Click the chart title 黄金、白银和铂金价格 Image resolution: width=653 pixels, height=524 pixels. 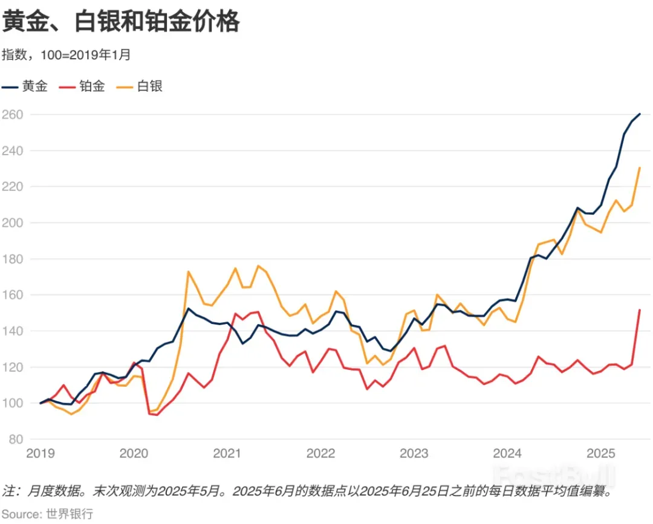121,22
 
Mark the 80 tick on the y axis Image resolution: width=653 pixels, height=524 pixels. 15,439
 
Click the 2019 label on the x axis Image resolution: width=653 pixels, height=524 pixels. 41,453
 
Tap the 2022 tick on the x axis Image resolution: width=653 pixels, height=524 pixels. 321,453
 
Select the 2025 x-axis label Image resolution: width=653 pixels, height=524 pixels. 602,453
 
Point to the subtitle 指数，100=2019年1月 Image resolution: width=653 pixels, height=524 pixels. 66,55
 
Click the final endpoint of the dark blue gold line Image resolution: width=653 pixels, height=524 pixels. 640,114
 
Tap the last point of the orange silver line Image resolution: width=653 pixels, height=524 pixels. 640,167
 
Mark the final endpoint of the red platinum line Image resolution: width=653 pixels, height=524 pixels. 640,309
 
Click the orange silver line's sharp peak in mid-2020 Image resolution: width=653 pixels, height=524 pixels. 188,271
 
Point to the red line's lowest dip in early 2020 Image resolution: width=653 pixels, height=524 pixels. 157,415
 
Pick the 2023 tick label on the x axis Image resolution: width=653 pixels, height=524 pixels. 415,453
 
